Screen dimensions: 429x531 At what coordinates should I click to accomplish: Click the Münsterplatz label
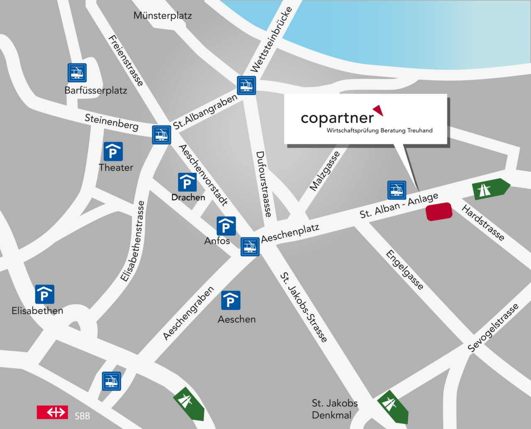(x=163, y=16)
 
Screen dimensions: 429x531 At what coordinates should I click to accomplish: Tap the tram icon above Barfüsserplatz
(x=77, y=73)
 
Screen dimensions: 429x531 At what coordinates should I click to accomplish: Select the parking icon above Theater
(x=113, y=152)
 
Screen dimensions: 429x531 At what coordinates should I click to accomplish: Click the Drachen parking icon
(x=187, y=183)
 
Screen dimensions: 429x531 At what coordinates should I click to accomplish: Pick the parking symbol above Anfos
(x=226, y=226)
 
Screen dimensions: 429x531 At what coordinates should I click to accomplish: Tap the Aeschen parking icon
(x=231, y=300)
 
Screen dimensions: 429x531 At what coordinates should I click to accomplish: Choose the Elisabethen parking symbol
(x=44, y=295)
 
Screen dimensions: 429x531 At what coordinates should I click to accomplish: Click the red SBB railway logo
(x=52, y=412)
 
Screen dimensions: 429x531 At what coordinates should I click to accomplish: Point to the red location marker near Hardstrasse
(x=439, y=212)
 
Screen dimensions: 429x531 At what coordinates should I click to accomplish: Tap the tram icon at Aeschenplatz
(x=250, y=247)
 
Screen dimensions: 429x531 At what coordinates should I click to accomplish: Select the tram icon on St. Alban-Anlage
(x=397, y=190)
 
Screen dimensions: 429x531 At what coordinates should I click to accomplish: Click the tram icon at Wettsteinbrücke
(x=246, y=85)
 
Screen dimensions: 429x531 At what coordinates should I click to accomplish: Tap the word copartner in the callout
(x=337, y=118)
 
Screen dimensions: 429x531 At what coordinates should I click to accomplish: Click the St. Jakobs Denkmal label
(x=334, y=409)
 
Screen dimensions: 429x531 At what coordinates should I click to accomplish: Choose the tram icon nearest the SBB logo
(x=112, y=381)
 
